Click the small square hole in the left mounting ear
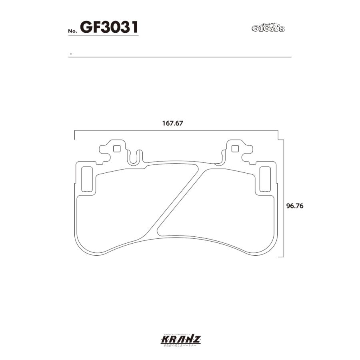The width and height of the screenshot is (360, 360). click(117, 149)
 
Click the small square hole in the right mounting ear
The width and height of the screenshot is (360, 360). click(235, 149)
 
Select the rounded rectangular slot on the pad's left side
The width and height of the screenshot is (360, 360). click(87, 179)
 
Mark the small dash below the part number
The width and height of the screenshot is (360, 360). click(70, 54)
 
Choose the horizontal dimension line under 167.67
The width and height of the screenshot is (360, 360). click(176, 131)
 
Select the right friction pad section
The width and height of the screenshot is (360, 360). click(228, 208)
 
